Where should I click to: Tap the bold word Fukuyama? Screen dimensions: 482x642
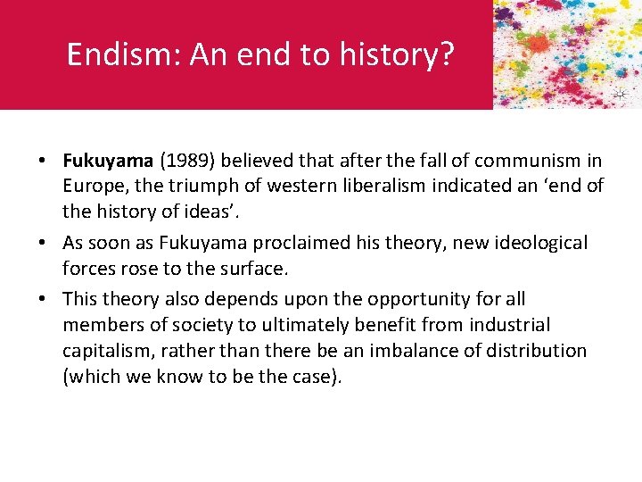point(107,161)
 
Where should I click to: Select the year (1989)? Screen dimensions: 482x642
point(187,161)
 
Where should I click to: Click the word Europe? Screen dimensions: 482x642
point(93,187)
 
